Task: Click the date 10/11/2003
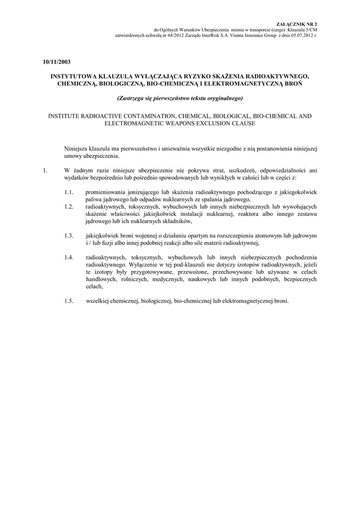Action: point(56,62)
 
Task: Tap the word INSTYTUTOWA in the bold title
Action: point(73,77)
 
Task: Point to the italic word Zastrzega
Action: point(130,98)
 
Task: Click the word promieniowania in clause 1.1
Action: point(106,192)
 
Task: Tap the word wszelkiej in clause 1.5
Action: point(97,301)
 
